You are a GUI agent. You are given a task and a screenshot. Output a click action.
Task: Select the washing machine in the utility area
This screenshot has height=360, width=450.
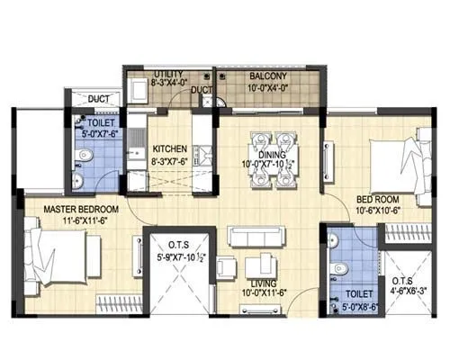(137, 93)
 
